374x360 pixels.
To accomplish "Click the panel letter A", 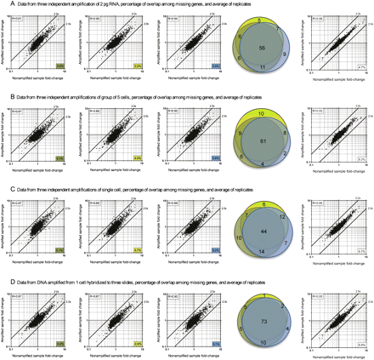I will click(x=4, y=5).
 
